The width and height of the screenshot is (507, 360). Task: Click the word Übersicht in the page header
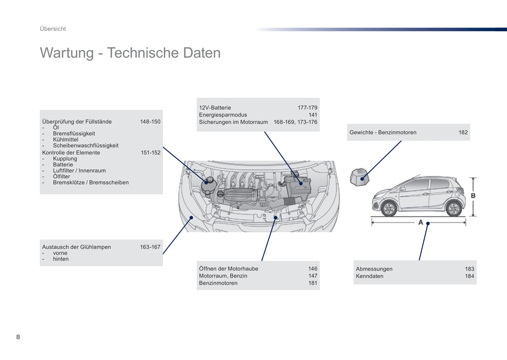[x=53, y=29]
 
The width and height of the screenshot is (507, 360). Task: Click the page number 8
[x=18, y=337]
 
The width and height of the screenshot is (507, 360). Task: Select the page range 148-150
[x=150, y=122]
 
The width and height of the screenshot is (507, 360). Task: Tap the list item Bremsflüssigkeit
[x=74, y=134]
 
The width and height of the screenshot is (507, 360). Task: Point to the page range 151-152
[x=151, y=153]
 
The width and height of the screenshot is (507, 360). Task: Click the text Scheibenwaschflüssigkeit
[x=86, y=145]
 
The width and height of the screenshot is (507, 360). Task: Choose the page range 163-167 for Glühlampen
[x=150, y=247]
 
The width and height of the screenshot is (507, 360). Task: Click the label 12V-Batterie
[x=215, y=108]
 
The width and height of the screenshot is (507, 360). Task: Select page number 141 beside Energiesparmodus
[x=313, y=115]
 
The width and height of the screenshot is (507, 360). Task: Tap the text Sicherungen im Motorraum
[x=233, y=122]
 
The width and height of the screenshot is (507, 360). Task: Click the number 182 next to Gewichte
[x=463, y=132]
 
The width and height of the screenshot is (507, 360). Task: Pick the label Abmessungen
[x=374, y=269]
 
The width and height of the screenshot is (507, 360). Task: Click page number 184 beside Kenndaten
[x=470, y=276]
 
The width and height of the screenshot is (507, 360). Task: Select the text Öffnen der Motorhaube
[x=229, y=268]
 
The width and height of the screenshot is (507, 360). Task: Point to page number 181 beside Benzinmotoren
[x=313, y=283]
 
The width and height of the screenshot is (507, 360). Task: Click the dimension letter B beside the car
[x=473, y=196]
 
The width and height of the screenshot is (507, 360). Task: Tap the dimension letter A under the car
[x=421, y=222]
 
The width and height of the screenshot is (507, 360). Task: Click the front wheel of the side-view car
[x=389, y=208]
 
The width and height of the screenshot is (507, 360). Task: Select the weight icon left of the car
[x=360, y=177]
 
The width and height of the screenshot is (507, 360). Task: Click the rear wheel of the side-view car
[x=454, y=208]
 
